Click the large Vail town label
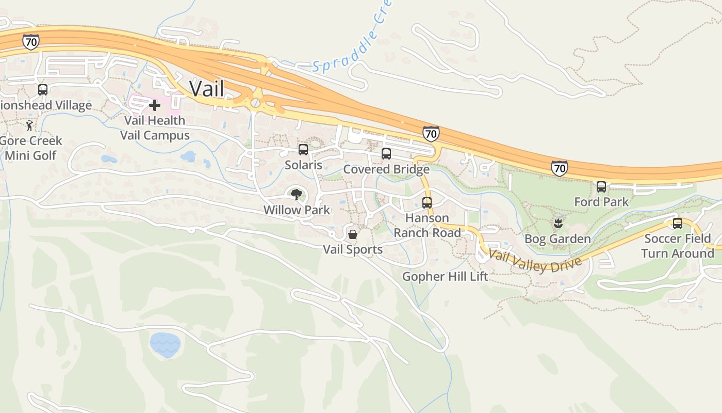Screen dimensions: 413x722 (x=207, y=88)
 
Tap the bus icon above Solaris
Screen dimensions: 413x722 (x=303, y=150)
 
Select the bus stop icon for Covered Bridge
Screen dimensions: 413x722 (x=386, y=154)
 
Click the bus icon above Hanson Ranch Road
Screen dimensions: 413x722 (x=426, y=202)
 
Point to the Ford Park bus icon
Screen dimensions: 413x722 (x=601, y=187)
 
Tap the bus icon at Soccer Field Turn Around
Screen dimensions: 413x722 (x=677, y=224)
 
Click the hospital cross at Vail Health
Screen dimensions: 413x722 (x=154, y=105)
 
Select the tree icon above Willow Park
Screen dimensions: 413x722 (x=296, y=195)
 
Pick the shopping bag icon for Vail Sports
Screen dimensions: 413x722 (x=353, y=235)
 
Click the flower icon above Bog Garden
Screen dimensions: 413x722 (x=557, y=224)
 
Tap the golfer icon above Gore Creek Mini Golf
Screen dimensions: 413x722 (x=30, y=125)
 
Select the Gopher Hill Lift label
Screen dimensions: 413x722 (x=445, y=277)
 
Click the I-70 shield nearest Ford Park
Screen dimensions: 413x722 (x=559, y=168)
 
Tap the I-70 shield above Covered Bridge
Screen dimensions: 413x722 (x=431, y=134)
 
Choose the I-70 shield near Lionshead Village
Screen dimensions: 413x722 (x=30, y=42)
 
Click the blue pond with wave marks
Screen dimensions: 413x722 (x=165, y=344)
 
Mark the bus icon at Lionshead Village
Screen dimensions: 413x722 (x=43, y=90)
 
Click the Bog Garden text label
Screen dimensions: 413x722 (x=557, y=239)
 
